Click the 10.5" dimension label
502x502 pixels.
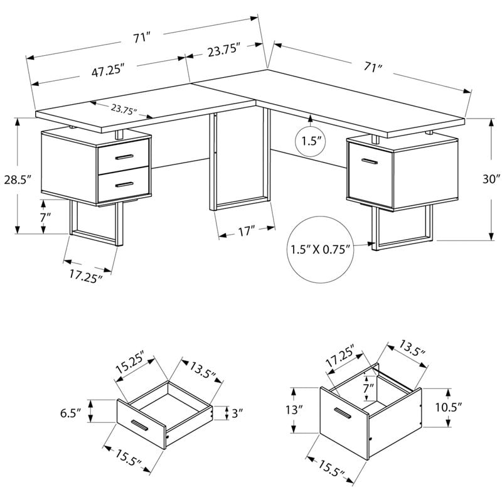[x=448, y=407]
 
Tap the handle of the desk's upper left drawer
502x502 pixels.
[x=124, y=156]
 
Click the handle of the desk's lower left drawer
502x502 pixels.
[x=124, y=184]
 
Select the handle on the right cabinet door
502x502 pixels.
[x=366, y=161]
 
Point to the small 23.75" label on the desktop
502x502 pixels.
[x=124, y=109]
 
